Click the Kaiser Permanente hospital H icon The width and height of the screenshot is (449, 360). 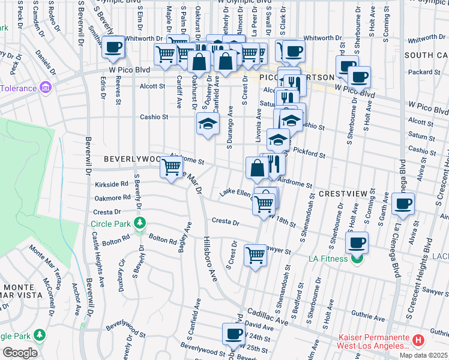click(x=418, y=340)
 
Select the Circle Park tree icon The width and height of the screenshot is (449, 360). click(x=140, y=224)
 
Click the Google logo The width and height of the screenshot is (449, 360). click(x=20, y=353)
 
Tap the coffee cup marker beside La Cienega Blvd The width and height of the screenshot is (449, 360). click(x=403, y=204)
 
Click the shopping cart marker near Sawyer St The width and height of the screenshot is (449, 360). click(x=256, y=255)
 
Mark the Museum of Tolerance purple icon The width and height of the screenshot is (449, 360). click(x=44, y=88)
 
